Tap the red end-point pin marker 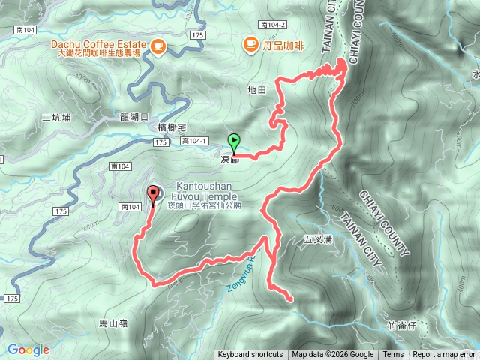coord(154,194)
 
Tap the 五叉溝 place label coord(318,240)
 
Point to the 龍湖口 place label coord(135,117)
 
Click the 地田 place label coord(256,89)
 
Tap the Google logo coord(28,349)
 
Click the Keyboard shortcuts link coord(250,355)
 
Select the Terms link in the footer coord(393,355)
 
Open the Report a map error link coord(444,355)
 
